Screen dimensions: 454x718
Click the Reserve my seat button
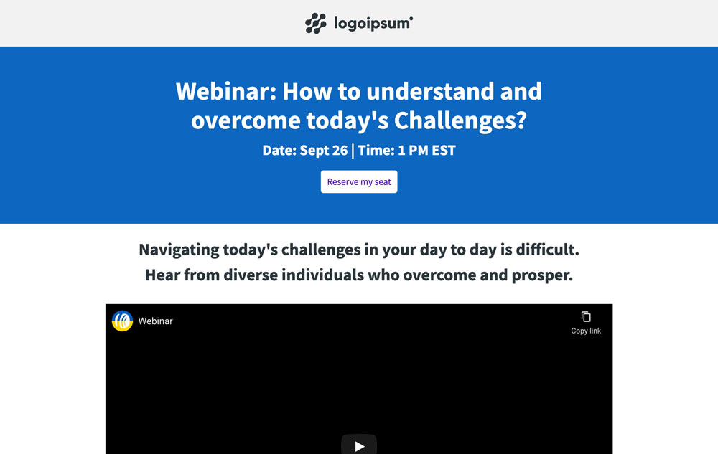[x=359, y=182]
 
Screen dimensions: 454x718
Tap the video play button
[x=359, y=445]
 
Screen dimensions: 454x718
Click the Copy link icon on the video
[x=586, y=317]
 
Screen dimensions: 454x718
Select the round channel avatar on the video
[x=123, y=321]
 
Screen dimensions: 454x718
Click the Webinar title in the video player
[x=156, y=321]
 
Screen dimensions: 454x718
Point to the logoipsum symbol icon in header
[x=316, y=24]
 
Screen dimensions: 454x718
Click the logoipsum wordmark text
[x=373, y=24]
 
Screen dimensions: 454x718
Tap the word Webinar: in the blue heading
[x=225, y=92]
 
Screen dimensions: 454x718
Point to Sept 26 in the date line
[x=323, y=151]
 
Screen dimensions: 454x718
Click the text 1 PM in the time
[x=411, y=151]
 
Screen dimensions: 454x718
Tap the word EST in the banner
[x=442, y=151]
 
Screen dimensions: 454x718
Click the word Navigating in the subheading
[x=179, y=250]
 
